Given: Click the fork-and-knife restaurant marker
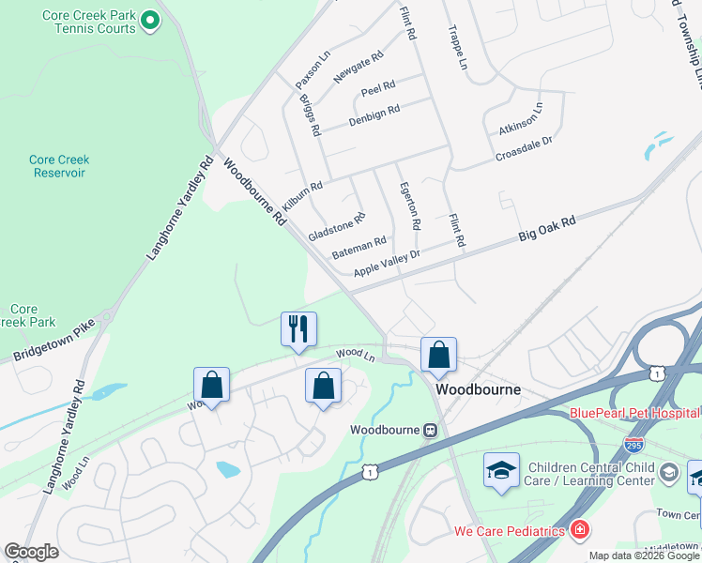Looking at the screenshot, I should click(298, 329).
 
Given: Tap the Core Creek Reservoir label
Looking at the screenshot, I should click(58, 166).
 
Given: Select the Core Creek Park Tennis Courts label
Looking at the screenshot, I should click(89, 22).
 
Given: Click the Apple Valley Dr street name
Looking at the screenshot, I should click(386, 263).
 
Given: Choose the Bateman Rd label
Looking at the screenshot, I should click(359, 249).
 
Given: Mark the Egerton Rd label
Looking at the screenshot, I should click(409, 206).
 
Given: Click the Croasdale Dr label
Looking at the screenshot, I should click(524, 147).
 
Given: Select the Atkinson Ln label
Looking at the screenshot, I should click(520, 120).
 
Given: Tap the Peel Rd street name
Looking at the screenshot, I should click(378, 86).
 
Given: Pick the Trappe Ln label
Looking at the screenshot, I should click(458, 47).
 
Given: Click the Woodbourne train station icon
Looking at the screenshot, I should click(430, 430).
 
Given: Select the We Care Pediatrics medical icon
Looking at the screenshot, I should click(580, 531).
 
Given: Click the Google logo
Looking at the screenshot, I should click(32, 552).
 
